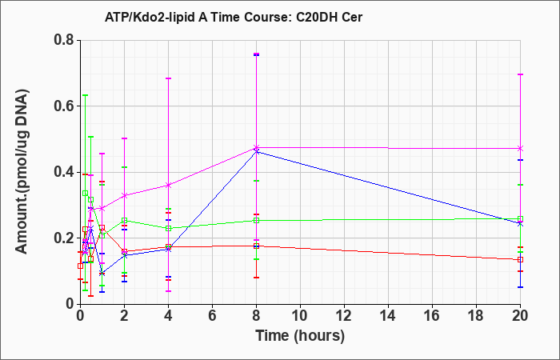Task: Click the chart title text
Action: point(234,17)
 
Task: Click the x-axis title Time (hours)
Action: point(300,336)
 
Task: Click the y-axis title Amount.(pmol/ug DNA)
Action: point(22,172)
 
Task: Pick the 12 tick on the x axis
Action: point(344,316)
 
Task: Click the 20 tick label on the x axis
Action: point(520,316)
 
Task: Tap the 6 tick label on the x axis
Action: point(212,316)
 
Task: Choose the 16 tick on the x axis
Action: point(432,316)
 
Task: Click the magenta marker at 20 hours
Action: point(520,148)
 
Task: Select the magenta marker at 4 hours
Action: point(168,185)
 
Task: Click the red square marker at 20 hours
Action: point(520,260)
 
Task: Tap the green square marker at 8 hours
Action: point(256,220)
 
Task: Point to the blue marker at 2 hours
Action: point(124,256)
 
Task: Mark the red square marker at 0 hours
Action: point(80,266)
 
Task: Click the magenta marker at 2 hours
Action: point(124,196)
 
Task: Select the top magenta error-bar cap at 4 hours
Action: point(168,78)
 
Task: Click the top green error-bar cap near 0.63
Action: point(85,95)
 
